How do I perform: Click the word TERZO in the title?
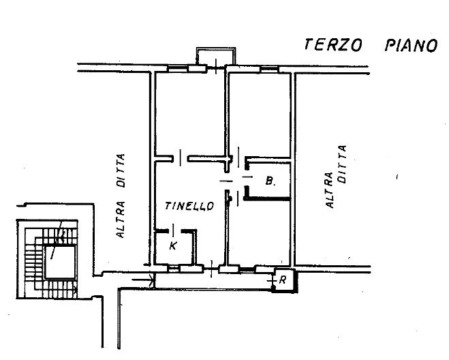point(333,45)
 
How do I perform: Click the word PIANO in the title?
point(412,46)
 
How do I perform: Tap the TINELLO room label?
point(189,206)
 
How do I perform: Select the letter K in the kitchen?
point(173,245)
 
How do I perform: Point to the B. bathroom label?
point(270,181)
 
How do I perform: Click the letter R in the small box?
point(283,280)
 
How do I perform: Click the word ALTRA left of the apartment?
point(121,220)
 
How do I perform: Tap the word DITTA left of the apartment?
point(121,170)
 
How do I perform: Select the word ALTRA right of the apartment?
point(330,190)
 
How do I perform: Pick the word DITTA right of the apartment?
point(342,164)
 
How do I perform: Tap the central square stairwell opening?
point(60,262)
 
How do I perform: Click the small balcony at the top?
point(216,56)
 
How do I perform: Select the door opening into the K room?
point(174,230)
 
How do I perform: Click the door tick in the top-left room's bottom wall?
point(181,157)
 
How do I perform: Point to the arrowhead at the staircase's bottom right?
point(76,290)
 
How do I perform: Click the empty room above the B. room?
point(260,115)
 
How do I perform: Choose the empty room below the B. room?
point(260,232)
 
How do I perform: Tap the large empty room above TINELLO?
point(190,114)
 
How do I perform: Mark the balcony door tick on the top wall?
point(216,66)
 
